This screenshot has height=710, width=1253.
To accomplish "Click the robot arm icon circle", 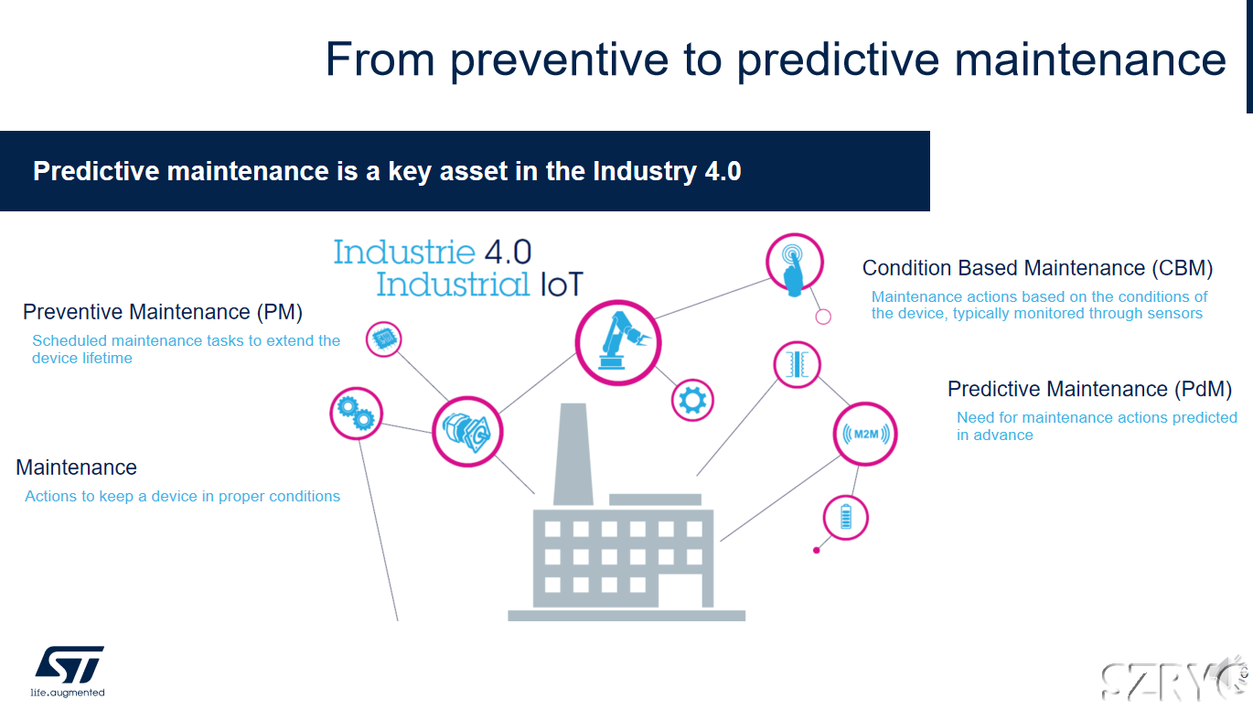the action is (618, 343).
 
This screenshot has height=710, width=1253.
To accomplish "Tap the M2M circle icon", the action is (865, 434).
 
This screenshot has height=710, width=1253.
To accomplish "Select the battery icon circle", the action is (846, 518).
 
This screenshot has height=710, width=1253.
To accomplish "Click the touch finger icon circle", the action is (794, 262).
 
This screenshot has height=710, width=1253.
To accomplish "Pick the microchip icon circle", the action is (384, 339).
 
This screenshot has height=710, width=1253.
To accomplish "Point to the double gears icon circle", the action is (357, 414).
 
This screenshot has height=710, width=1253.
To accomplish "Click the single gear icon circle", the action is (692, 401).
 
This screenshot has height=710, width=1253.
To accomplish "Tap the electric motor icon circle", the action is (467, 431).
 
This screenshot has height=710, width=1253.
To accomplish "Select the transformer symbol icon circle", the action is (798, 365).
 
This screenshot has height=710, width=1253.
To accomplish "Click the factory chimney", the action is (573, 455).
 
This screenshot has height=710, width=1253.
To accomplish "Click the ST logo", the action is (70, 665).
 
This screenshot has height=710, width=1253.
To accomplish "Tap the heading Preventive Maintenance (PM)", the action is (163, 312).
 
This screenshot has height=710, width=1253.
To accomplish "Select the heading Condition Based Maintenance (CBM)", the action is (1038, 269).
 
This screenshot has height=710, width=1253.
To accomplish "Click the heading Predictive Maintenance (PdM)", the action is (1089, 390).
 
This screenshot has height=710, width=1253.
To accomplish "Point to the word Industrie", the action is (404, 253).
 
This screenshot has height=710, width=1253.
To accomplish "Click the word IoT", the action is (562, 285).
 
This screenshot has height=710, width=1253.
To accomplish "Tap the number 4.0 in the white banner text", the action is (723, 171).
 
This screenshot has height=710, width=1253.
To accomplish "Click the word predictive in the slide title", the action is (839, 60).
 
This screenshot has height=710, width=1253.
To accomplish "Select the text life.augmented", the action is (68, 693).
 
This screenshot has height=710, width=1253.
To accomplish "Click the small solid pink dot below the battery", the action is (817, 551).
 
